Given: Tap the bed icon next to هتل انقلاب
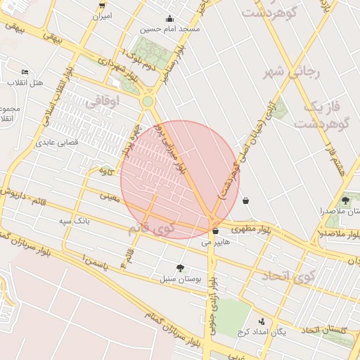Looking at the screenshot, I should [x=25, y=72].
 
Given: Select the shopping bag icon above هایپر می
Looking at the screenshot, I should [x=215, y=231].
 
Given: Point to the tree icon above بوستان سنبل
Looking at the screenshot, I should [x=181, y=268].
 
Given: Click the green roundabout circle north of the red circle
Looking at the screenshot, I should [x=147, y=102].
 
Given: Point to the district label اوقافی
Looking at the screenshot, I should [x=103, y=103].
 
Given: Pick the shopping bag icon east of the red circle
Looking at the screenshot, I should [x=245, y=200].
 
